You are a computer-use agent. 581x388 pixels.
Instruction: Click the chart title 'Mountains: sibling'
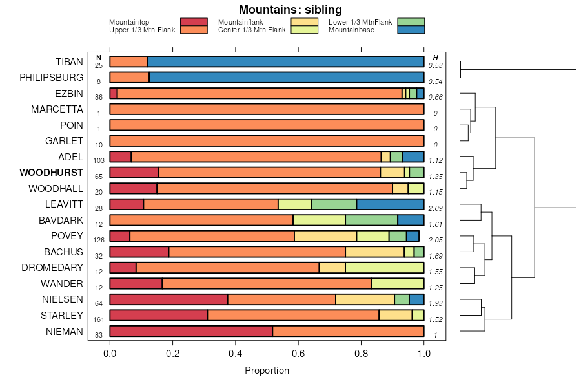[x=290, y=10]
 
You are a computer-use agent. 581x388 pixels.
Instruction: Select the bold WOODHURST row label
[x=52, y=173]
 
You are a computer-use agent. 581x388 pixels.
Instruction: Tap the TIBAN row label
[x=69, y=62]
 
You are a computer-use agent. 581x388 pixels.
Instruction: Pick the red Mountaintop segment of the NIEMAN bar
[x=191, y=332]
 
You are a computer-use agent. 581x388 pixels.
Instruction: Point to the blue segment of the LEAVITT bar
[x=390, y=204]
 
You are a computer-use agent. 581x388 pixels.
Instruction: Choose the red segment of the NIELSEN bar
[x=169, y=299]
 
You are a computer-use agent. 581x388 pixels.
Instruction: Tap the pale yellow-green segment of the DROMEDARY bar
[x=384, y=268]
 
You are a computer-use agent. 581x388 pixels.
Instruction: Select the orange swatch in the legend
[x=194, y=30]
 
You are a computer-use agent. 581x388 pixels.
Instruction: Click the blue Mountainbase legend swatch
[x=411, y=30]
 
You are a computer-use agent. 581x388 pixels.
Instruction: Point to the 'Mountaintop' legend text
[x=129, y=22]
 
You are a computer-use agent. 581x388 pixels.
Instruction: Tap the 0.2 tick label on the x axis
[x=172, y=354]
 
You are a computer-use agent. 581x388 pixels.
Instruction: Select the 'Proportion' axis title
[x=267, y=371]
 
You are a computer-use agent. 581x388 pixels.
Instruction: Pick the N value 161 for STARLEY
[x=99, y=319]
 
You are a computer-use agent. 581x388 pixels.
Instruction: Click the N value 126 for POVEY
[x=99, y=239]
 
